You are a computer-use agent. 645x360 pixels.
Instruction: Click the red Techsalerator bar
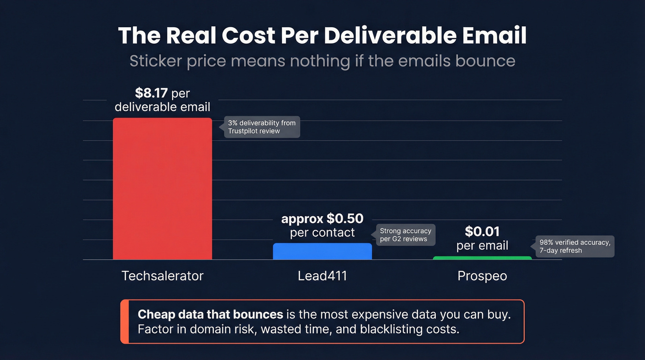pos(162,189)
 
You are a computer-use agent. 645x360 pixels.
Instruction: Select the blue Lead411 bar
pos(322,251)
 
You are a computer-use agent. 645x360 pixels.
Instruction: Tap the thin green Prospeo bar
pos(482,258)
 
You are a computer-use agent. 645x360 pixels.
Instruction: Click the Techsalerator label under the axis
pos(162,276)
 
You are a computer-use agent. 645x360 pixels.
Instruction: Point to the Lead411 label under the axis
pos(322,276)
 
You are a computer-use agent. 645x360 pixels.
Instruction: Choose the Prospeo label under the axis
pos(482,276)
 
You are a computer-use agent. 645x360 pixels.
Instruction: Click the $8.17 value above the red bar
pos(151,93)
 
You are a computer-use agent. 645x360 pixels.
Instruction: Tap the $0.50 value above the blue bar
pos(345,218)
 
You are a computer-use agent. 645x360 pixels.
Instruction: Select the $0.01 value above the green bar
pos(482,231)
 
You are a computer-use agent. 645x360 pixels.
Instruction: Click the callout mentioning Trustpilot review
pos(261,127)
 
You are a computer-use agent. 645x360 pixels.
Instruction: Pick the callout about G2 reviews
pos(405,235)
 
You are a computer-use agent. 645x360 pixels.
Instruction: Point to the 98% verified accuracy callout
pos(575,247)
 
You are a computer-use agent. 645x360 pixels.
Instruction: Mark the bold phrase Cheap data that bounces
pos(210,314)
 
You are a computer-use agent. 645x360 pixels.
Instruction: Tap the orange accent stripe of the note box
pos(124,322)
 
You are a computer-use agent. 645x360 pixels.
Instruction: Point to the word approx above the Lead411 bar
pos(302,218)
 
